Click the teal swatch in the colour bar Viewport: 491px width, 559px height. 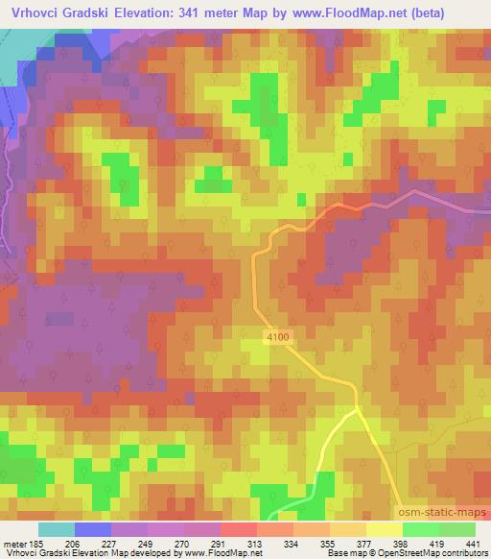click(x=57, y=529)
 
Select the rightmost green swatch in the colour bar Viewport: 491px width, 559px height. click(x=457, y=529)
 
